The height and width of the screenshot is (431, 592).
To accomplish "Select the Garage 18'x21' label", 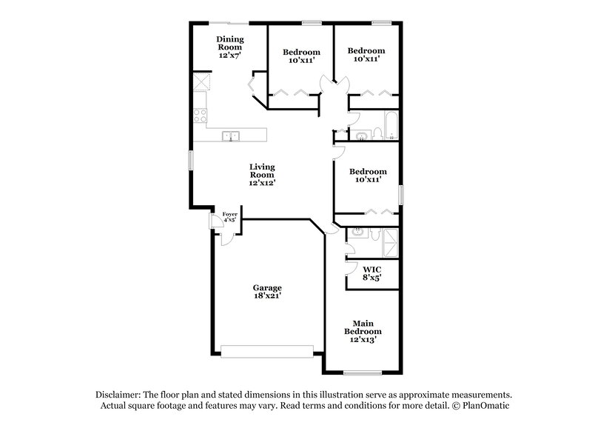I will coord(266,292).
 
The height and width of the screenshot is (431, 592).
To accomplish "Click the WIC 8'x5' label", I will coord(372,274).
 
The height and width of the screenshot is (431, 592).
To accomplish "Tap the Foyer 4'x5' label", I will coord(230,217).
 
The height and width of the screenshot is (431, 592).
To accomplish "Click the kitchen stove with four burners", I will coord(201,115).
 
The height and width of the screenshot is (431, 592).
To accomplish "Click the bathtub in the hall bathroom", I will coord(391,127).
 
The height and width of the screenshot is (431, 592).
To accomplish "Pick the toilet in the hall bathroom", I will coord(377,133).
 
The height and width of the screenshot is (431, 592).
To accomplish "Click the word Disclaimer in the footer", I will coord(120,395).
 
